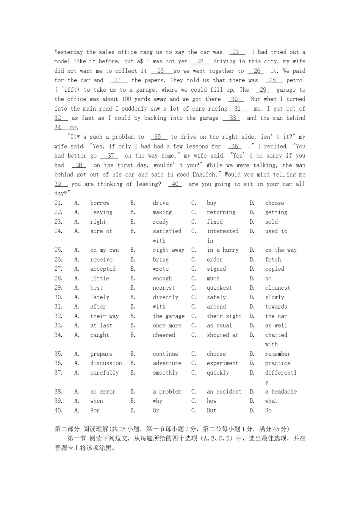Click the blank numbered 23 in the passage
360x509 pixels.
(236, 52)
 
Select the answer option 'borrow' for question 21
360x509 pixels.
(100, 203)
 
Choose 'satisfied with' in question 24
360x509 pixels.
(167, 231)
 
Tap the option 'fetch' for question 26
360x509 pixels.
(273, 259)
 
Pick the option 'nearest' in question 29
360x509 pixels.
(164, 288)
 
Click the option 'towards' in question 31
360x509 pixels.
(276, 307)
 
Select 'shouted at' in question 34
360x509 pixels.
(222, 335)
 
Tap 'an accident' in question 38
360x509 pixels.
(224, 392)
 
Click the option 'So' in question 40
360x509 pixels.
(268, 411)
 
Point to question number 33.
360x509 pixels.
(58, 325)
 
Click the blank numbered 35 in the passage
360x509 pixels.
(158, 137)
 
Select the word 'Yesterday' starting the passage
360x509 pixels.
(69, 52)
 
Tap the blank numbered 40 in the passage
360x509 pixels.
(175, 184)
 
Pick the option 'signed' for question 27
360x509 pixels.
(216, 269)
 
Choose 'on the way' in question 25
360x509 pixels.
(281, 250)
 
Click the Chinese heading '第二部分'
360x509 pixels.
(67, 429)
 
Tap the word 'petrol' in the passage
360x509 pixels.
(296, 80)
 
